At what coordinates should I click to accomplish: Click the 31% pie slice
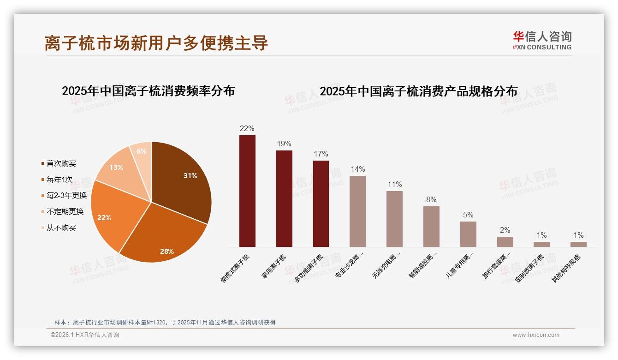tap(182, 180)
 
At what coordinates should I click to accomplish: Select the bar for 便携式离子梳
tap(247, 191)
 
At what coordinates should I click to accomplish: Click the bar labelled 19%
tap(284, 198)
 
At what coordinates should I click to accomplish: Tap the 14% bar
tap(357, 211)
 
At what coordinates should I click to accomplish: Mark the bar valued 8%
tap(431, 226)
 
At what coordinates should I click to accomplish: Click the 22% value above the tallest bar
tap(247, 129)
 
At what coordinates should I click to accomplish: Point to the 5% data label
tap(468, 215)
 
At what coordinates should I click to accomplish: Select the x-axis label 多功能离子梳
tap(309, 268)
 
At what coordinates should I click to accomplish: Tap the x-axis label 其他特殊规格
tap(567, 268)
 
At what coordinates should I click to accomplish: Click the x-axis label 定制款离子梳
tap(530, 268)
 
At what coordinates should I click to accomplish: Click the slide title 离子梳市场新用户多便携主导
tap(156, 43)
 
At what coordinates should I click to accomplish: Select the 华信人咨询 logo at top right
tap(542, 40)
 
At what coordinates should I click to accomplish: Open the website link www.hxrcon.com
tap(536, 335)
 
